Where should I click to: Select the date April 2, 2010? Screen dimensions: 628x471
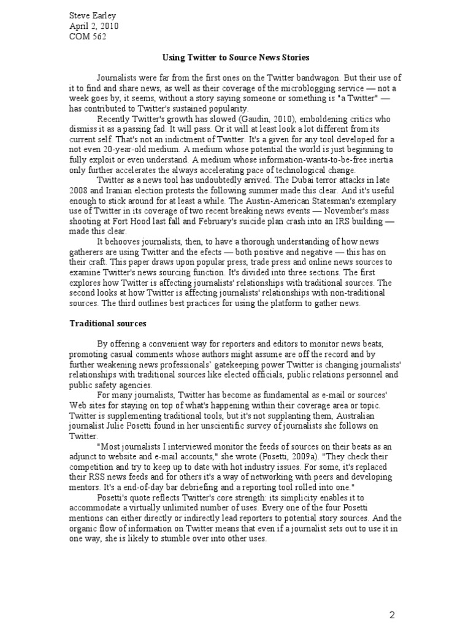(x=93, y=26)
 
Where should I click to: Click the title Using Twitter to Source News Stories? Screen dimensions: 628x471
(x=235, y=57)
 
